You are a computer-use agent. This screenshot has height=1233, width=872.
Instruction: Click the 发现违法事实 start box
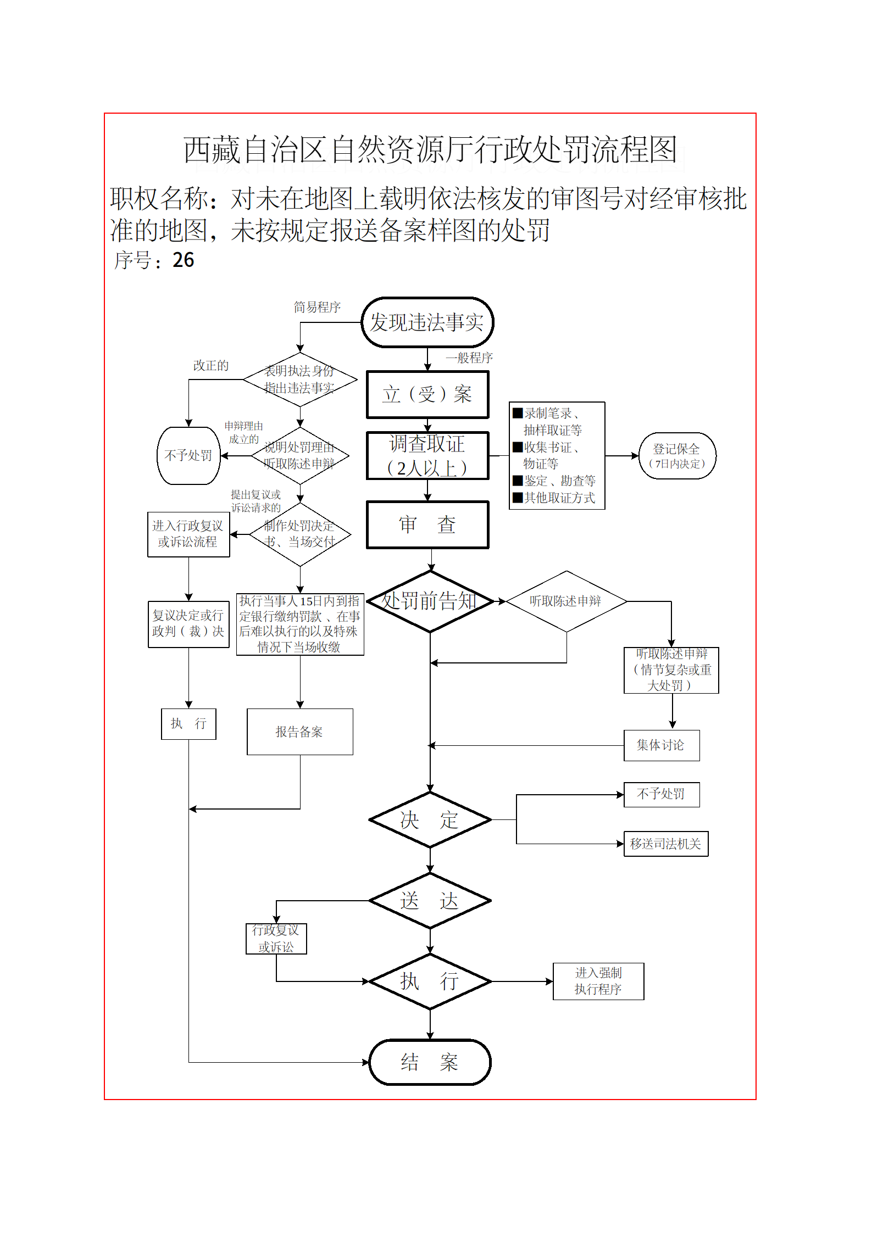click(427, 322)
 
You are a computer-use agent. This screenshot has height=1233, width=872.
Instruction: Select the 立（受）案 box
click(427, 394)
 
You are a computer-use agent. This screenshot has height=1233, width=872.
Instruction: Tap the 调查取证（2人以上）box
click(427, 456)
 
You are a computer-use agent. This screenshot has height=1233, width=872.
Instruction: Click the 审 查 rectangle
click(427, 525)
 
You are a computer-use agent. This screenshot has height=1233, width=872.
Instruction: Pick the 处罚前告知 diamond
click(430, 601)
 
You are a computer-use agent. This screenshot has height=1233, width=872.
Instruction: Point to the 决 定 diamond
click(430, 820)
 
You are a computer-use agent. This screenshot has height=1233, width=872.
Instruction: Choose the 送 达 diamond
click(430, 901)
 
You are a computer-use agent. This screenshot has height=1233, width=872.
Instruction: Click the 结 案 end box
click(430, 1062)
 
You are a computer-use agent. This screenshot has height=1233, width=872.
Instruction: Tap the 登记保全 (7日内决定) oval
click(677, 456)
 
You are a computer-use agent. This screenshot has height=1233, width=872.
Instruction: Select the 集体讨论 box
click(661, 745)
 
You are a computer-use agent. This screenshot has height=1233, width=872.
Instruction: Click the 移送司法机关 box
click(665, 844)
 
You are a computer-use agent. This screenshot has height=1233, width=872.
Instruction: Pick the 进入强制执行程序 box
click(598, 981)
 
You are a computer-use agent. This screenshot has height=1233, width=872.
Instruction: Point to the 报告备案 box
click(299, 732)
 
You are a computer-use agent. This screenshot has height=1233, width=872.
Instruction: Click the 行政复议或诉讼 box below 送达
click(276, 939)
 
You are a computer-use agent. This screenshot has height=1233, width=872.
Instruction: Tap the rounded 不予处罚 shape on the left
click(188, 456)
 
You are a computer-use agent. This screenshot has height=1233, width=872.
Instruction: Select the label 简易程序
click(317, 308)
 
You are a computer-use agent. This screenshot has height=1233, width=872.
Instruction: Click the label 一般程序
click(469, 358)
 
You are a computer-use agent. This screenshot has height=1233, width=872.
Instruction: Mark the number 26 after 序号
click(183, 260)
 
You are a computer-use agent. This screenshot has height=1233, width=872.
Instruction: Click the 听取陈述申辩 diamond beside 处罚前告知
click(566, 601)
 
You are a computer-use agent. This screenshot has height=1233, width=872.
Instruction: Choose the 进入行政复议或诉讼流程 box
click(188, 534)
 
